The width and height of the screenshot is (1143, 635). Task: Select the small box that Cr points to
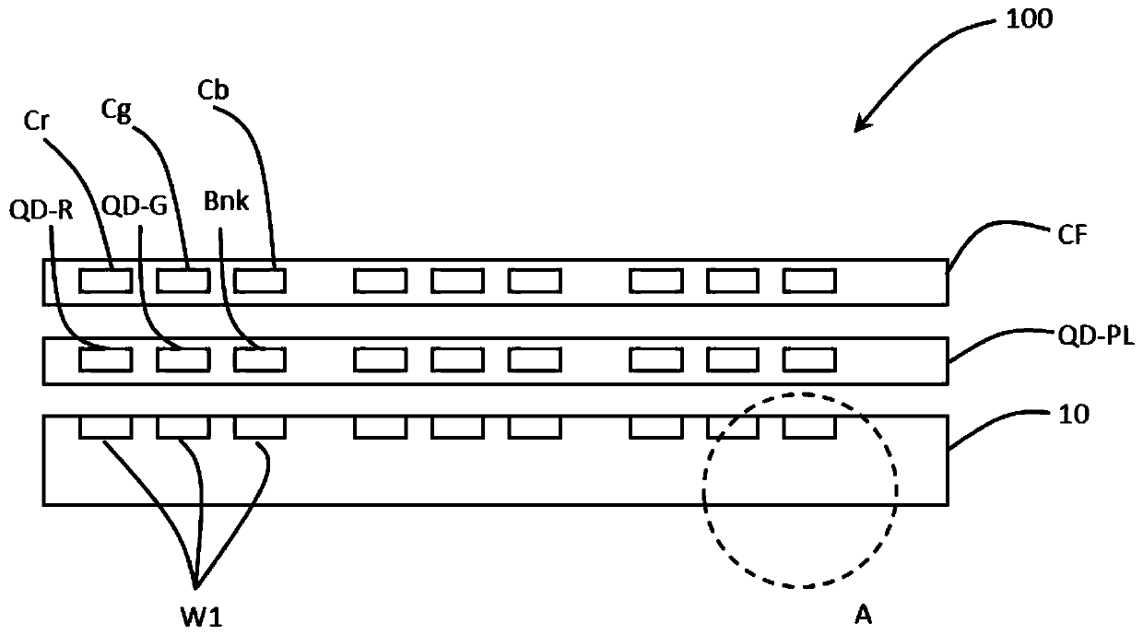click(106, 280)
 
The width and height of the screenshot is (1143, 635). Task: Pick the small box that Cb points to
click(259, 280)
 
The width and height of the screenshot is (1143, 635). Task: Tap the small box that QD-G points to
click(183, 359)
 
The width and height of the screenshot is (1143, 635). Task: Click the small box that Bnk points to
click(259, 359)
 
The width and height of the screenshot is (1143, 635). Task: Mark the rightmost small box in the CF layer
click(809, 280)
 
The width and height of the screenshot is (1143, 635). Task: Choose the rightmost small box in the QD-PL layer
click(809, 359)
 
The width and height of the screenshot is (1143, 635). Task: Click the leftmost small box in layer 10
click(106, 427)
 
